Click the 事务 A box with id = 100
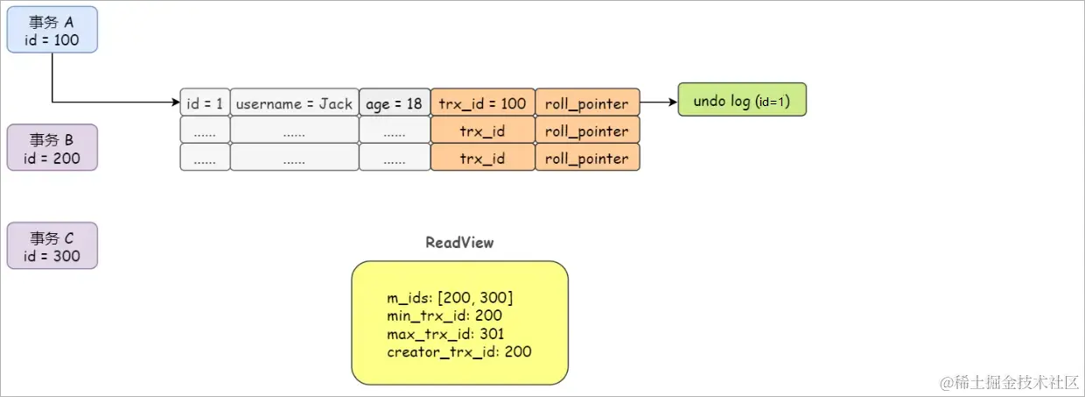pyautogui.click(x=52, y=31)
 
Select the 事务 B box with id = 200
pyautogui.click(x=52, y=148)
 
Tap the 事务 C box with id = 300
pyautogui.click(x=52, y=246)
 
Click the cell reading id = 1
pyautogui.click(x=205, y=103)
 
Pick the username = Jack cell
pyautogui.click(x=294, y=103)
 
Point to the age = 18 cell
pyautogui.click(x=394, y=103)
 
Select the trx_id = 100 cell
pyautogui.click(x=482, y=103)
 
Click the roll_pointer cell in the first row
pyautogui.click(x=587, y=103)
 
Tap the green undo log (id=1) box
pyautogui.click(x=741, y=101)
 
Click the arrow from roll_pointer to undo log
pyautogui.click(x=658, y=103)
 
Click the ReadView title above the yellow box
pyautogui.click(x=459, y=243)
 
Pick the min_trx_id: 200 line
pyautogui.click(x=444, y=315)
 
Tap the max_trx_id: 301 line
pyautogui.click(x=445, y=334)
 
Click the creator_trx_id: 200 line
pyautogui.click(x=459, y=351)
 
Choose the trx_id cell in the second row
pyautogui.click(x=482, y=131)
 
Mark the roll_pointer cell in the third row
pyautogui.click(x=587, y=158)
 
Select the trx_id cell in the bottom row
pyautogui.click(x=482, y=158)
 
